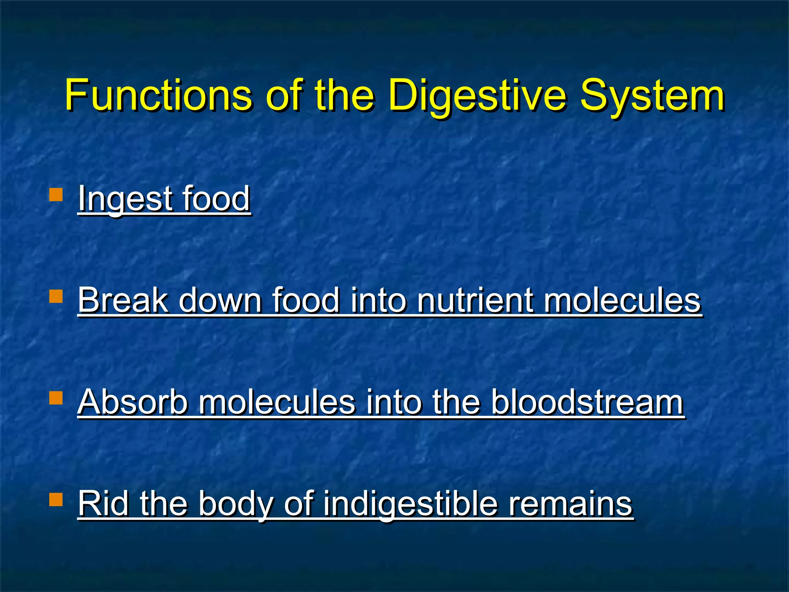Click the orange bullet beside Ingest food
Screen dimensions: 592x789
56,195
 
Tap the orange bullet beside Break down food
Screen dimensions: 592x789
56,296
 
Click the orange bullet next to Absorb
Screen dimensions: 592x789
56,398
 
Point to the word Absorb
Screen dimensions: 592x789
133,402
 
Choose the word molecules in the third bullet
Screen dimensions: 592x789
276,402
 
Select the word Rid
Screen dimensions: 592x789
103,503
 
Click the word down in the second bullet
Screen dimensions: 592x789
220,300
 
